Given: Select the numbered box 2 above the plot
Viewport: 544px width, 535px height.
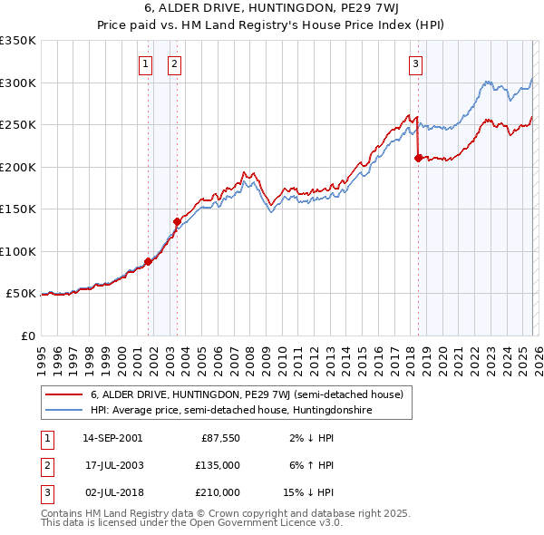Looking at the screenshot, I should (173, 63).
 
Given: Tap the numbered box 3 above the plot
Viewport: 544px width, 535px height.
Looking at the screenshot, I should (415, 63).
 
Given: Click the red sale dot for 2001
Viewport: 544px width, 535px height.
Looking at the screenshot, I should (148, 262).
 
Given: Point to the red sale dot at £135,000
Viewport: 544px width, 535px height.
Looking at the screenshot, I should (177, 221).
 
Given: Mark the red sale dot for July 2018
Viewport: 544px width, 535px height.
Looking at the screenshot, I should (418, 158).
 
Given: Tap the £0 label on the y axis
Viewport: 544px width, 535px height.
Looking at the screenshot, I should (28, 336).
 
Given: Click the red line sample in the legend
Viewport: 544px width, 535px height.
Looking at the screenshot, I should (63, 394).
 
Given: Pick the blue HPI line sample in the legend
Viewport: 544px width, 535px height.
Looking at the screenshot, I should (63, 410).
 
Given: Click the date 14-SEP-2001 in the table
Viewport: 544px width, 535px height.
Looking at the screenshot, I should (112, 438).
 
